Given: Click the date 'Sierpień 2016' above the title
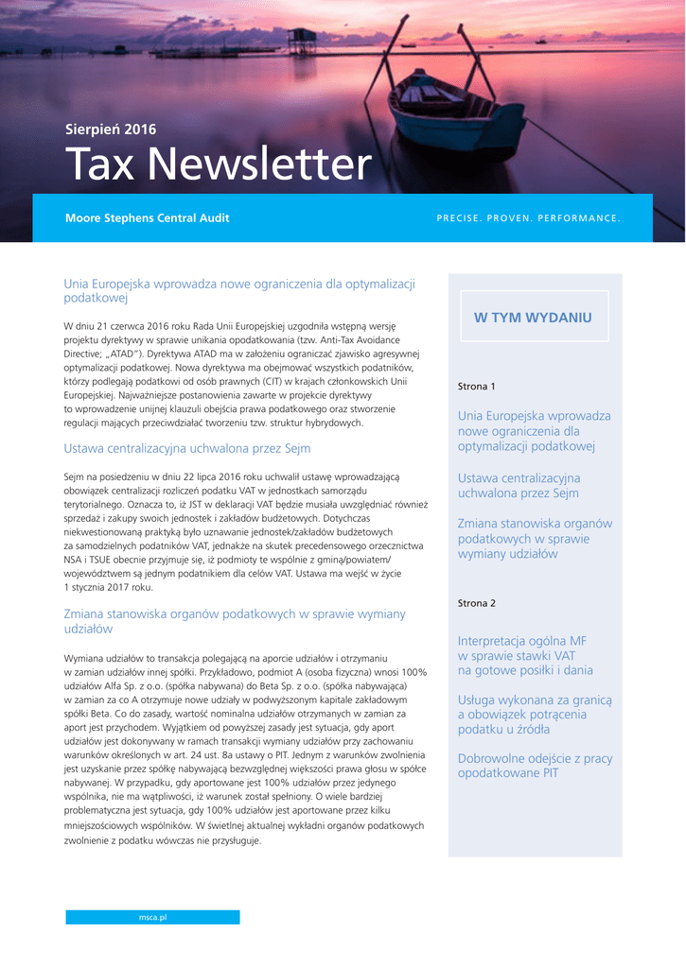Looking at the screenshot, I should [x=111, y=130].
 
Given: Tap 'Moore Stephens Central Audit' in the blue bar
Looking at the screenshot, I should [x=147, y=218].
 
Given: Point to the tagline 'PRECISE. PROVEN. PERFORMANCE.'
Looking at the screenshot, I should [x=528, y=218].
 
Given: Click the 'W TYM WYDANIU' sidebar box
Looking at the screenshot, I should [x=533, y=318].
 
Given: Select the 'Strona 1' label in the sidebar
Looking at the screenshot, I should [x=476, y=387].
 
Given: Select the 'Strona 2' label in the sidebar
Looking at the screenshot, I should [x=476, y=603].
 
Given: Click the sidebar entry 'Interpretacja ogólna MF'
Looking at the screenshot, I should [x=526, y=655].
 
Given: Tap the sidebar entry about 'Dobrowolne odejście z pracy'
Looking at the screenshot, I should [x=535, y=766].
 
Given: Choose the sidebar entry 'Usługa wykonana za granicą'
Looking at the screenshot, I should [x=535, y=715].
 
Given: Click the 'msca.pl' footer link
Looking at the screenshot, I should [x=152, y=917].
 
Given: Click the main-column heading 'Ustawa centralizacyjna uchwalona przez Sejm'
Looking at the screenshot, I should [x=187, y=448].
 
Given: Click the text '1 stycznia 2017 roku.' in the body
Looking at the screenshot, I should [x=108, y=587].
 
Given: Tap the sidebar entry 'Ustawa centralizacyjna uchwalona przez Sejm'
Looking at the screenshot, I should [x=519, y=486].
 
